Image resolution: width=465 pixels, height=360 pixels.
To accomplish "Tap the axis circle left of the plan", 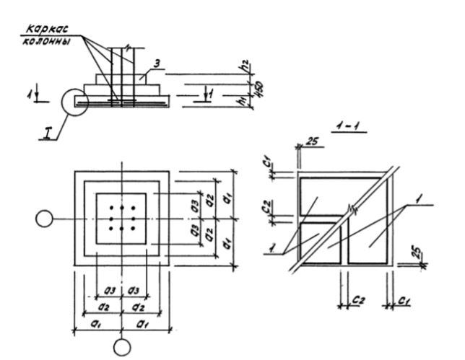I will (45, 219).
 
